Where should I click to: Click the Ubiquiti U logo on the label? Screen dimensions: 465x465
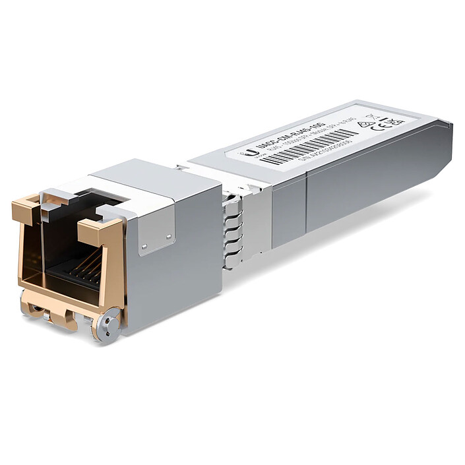(x=251, y=153)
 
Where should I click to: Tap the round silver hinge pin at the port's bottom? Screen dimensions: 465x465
(x=106, y=325)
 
